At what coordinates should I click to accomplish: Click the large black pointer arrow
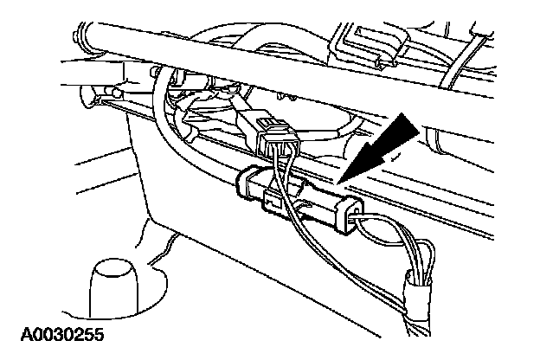pos(387,142)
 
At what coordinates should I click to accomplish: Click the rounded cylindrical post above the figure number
pos(112,285)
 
